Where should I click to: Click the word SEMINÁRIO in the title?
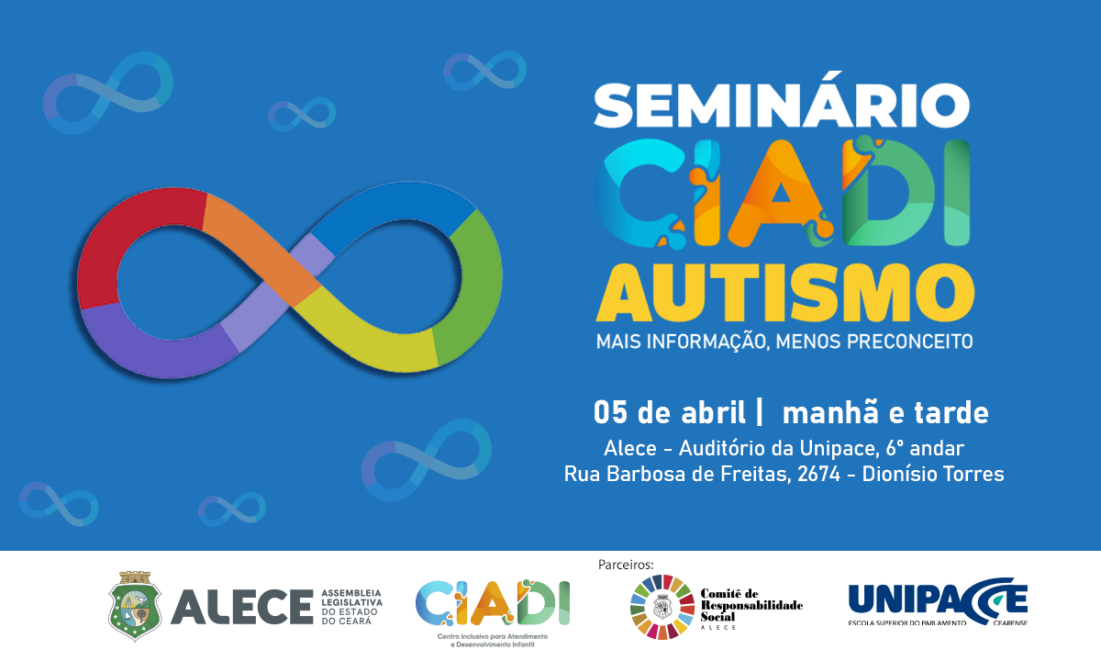782,106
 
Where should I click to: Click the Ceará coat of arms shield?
135,606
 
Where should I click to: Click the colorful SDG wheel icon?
662,606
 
